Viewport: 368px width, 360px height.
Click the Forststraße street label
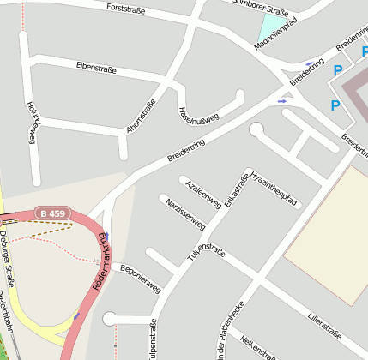[x=125, y=10]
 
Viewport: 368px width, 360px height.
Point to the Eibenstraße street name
[x=96, y=67]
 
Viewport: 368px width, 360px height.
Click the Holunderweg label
[x=33, y=122]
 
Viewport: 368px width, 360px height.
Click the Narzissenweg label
[x=185, y=213]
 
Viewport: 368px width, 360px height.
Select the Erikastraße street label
[x=236, y=189]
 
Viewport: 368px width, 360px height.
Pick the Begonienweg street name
[x=142, y=273]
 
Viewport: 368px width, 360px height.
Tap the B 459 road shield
[x=51, y=213]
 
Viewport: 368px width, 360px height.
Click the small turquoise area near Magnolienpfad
[x=270, y=26]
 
